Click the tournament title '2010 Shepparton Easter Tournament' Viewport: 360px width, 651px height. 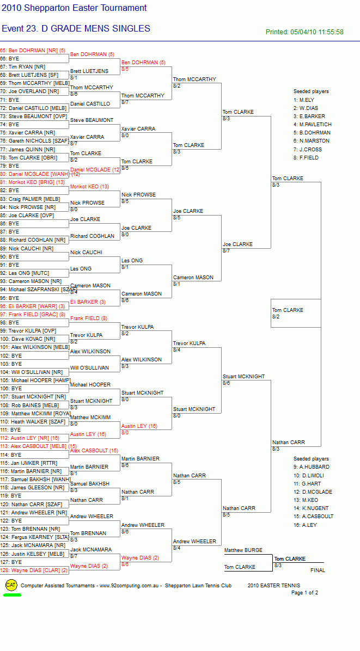[74, 8]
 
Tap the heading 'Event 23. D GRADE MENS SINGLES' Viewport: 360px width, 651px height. [76, 29]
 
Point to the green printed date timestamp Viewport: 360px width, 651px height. [304, 32]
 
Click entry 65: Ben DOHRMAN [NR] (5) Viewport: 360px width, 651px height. [33, 51]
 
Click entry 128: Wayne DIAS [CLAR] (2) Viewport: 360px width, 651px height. [34, 570]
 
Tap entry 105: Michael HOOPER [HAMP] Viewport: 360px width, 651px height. [35, 380]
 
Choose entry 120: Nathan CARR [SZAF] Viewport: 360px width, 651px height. [31, 504]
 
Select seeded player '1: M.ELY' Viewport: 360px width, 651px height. [303, 100]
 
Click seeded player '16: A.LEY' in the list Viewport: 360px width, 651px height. [304, 525]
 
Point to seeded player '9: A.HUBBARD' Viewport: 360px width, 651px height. [312, 466]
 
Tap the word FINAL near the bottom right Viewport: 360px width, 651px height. [318, 570]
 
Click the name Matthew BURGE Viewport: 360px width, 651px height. [243, 550]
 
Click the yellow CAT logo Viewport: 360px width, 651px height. [11, 585]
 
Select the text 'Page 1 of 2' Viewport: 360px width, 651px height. [305, 592]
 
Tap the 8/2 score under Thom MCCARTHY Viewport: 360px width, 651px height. [176, 85]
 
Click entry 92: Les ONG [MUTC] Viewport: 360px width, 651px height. [25, 273]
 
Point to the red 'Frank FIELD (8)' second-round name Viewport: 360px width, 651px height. [88, 318]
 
